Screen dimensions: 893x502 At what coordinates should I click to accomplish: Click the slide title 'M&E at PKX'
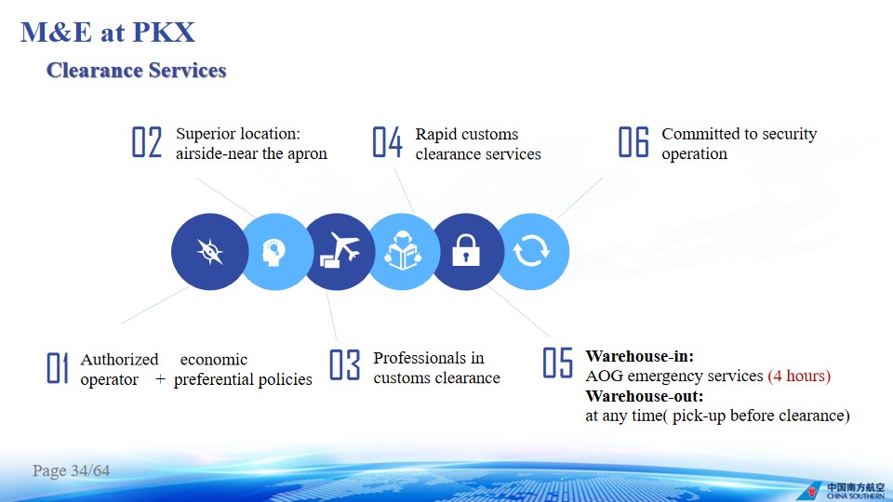pos(108,32)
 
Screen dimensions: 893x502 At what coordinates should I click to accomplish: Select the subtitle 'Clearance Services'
pos(136,70)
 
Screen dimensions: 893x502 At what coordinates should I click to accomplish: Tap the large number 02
pos(147,141)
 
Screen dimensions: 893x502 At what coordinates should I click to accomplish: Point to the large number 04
pos(387,141)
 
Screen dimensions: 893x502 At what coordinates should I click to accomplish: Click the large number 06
pos(633,141)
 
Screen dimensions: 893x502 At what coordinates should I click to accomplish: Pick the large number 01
pos(58,368)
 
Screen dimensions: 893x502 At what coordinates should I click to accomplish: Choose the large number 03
pos(345,364)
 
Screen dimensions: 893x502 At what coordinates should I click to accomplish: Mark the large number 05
pos(557,363)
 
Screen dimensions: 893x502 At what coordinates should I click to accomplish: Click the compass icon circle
pos(209,252)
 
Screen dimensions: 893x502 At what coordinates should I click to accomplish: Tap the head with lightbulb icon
pos(273,252)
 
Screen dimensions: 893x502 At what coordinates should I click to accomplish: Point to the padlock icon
pos(466,250)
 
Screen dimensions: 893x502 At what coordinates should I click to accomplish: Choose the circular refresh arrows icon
pos(531,251)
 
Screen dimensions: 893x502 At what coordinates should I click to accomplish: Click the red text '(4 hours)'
pos(799,376)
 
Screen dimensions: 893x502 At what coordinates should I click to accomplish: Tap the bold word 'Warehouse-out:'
pos(644,396)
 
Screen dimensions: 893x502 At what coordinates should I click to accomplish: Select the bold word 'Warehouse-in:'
pos(640,356)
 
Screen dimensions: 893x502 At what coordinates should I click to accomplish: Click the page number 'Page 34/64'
pos(72,470)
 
